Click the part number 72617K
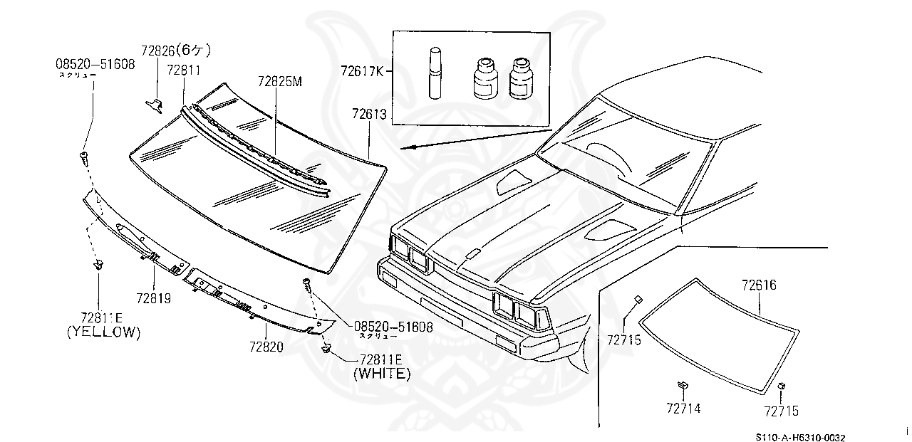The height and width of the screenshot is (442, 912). click(362, 71)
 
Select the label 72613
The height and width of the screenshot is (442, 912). click(369, 114)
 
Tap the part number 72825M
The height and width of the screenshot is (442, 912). click(280, 82)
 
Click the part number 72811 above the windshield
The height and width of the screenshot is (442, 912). click(183, 70)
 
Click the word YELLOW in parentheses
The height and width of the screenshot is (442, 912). click(103, 332)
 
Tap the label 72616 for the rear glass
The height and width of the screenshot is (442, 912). click(758, 286)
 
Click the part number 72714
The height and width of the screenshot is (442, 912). click(683, 409)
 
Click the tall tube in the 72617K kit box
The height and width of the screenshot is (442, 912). click(435, 74)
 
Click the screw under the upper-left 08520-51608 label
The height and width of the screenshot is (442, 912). click(85, 156)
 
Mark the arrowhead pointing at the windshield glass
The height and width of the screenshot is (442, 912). click(404, 148)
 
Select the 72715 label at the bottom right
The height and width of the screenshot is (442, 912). click(781, 411)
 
